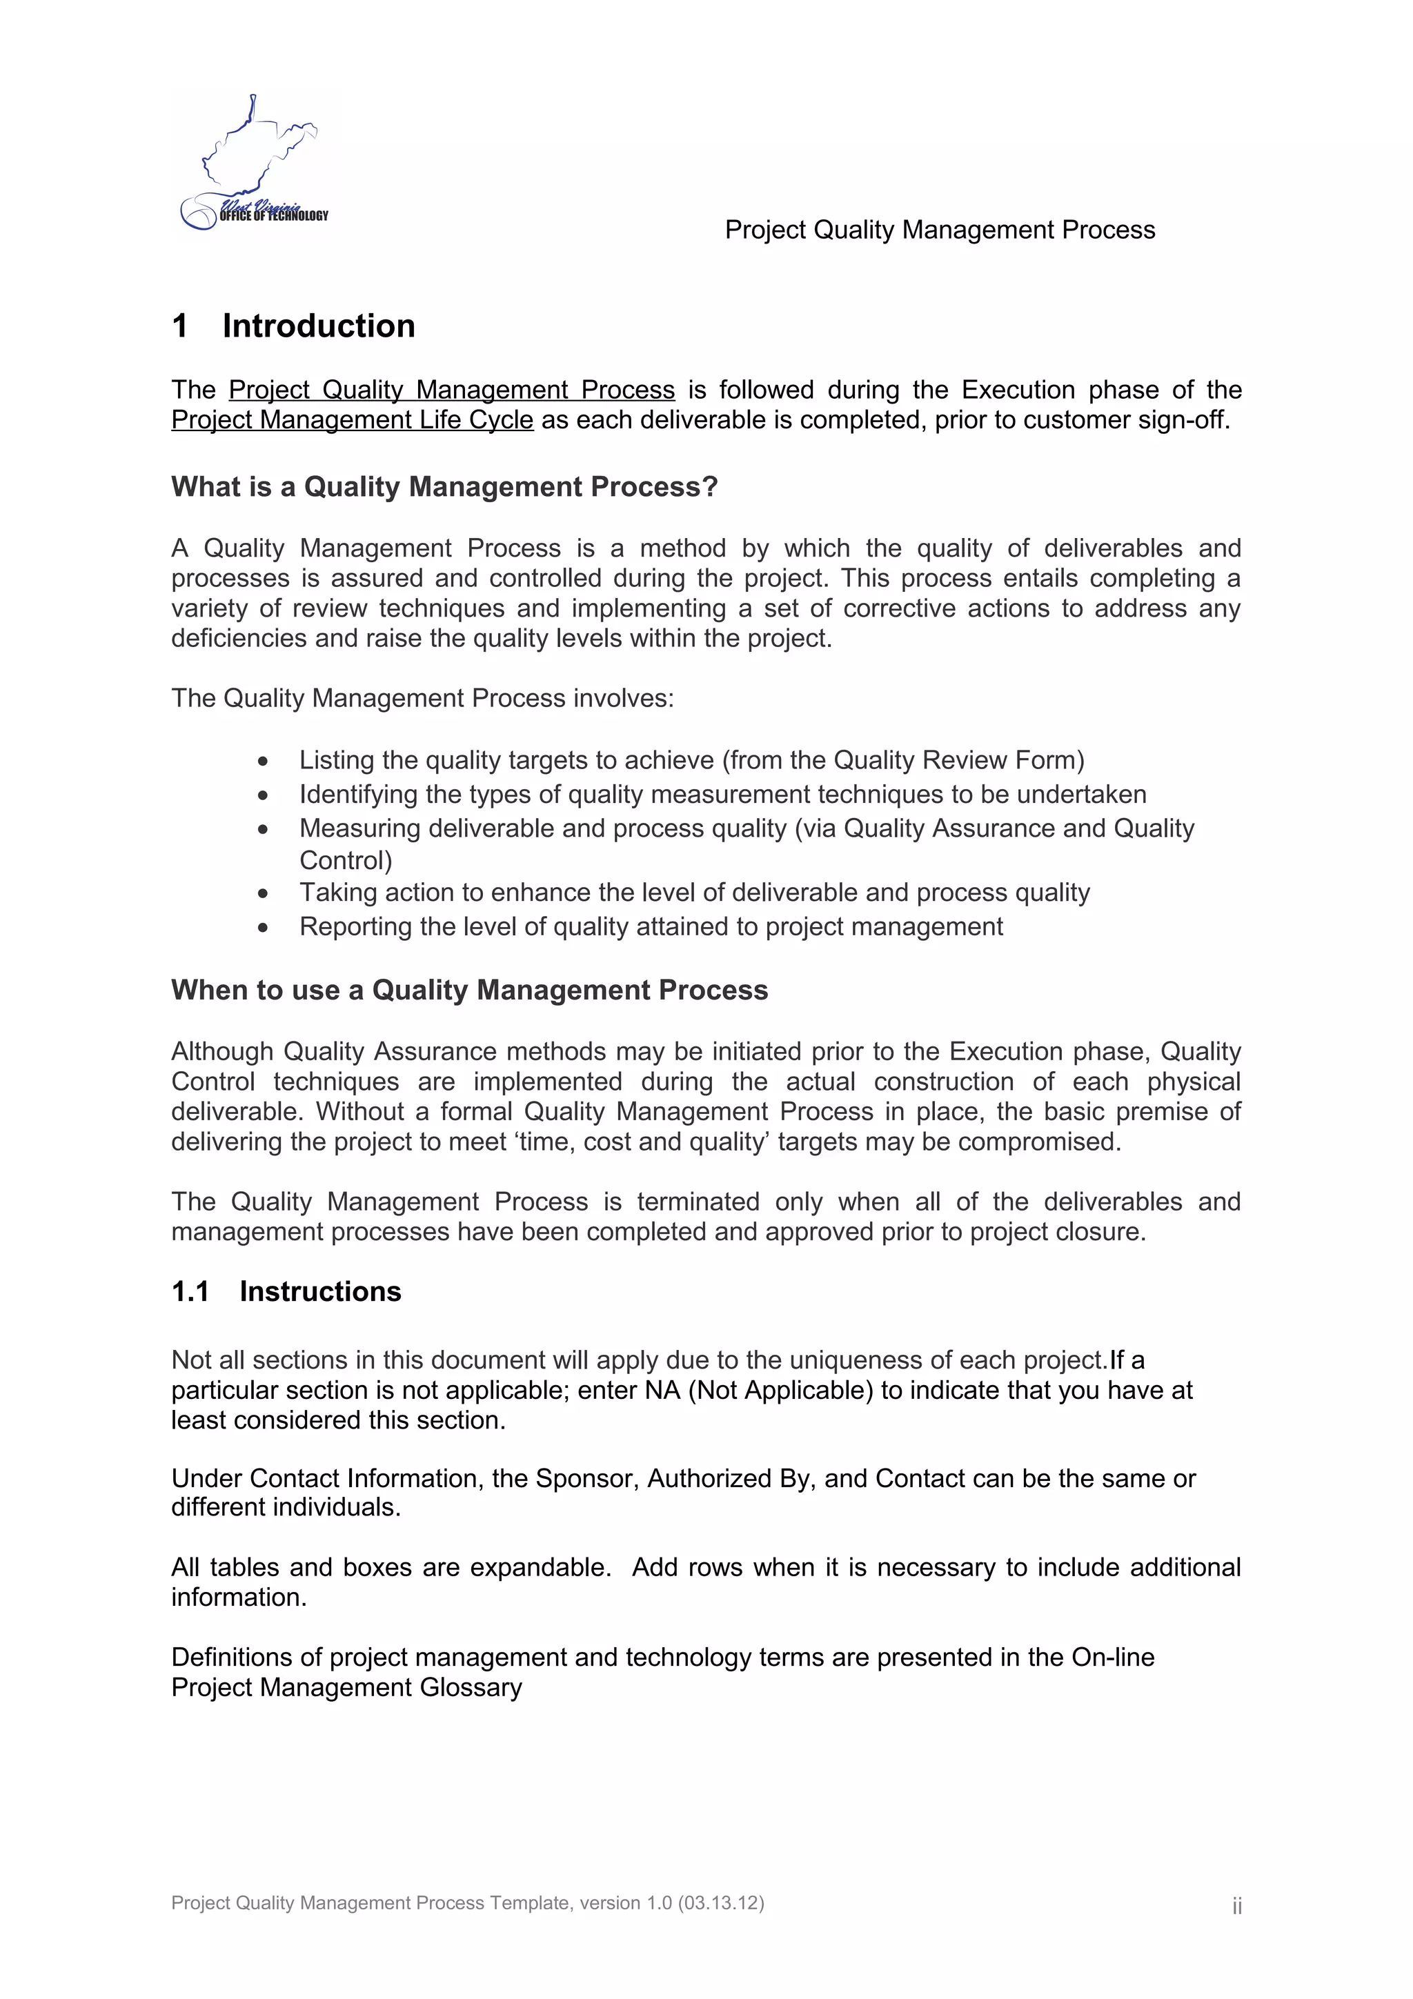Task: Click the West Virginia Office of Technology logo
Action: pos(253,166)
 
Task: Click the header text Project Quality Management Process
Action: pos(940,230)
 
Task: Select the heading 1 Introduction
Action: pos(293,326)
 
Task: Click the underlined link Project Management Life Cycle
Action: pos(352,419)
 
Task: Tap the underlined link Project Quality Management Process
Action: pos(451,389)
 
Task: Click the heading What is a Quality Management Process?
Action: pos(444,487)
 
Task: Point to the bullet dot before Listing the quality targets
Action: pos(263,762)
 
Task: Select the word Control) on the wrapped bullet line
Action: pos(346,860)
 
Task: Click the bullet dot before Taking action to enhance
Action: pos(263,894)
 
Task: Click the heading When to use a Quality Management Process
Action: pos(469,990)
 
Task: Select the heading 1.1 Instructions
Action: pos(286,1291)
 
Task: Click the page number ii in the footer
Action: pos(1236,1906)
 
